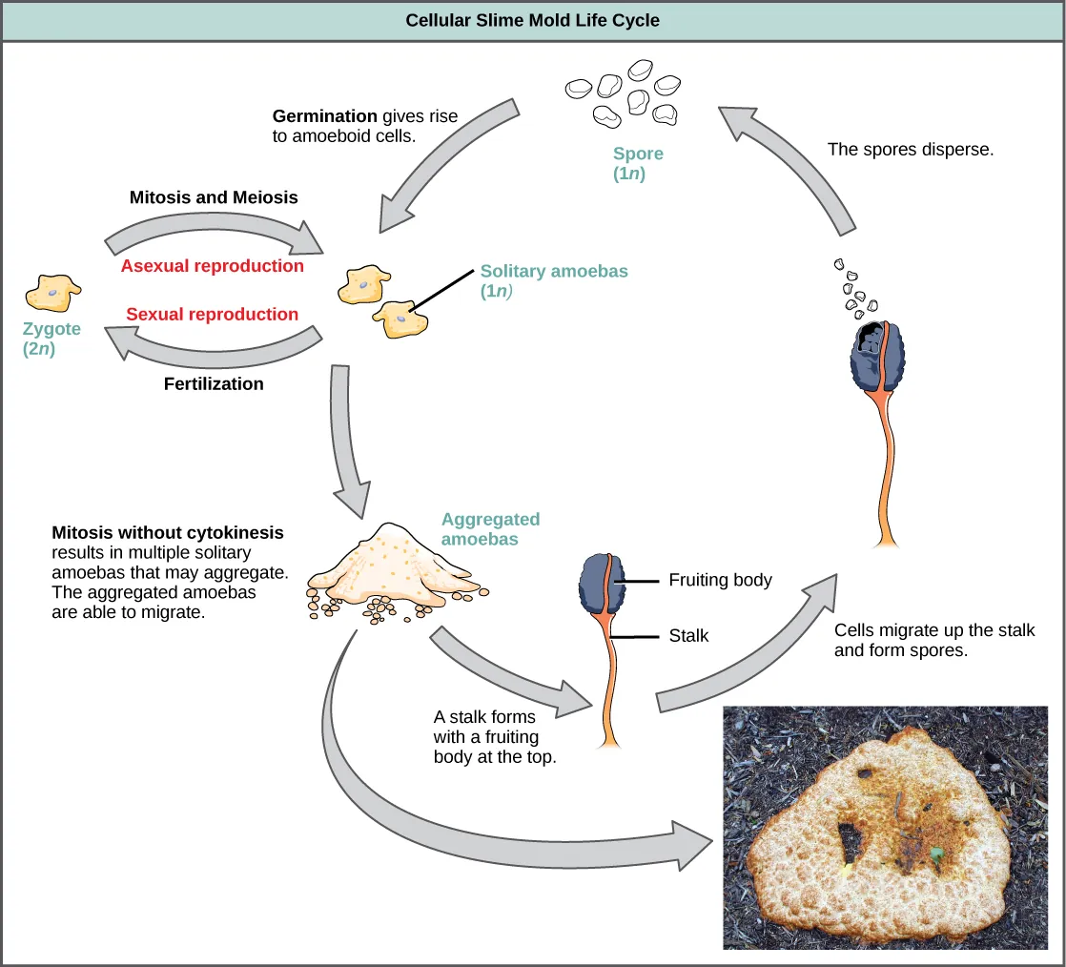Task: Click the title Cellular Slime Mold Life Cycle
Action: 532,19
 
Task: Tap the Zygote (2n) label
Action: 51,339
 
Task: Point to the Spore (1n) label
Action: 637,163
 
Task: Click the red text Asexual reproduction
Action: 212,266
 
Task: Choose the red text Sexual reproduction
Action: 212,314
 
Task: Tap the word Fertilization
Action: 214,383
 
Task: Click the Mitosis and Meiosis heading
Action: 214,197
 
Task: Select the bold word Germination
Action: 325,116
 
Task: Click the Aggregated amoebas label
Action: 490,528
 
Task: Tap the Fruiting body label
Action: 720,579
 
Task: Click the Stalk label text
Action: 688,635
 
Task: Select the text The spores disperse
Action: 911,149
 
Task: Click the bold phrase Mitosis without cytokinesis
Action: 168,532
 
